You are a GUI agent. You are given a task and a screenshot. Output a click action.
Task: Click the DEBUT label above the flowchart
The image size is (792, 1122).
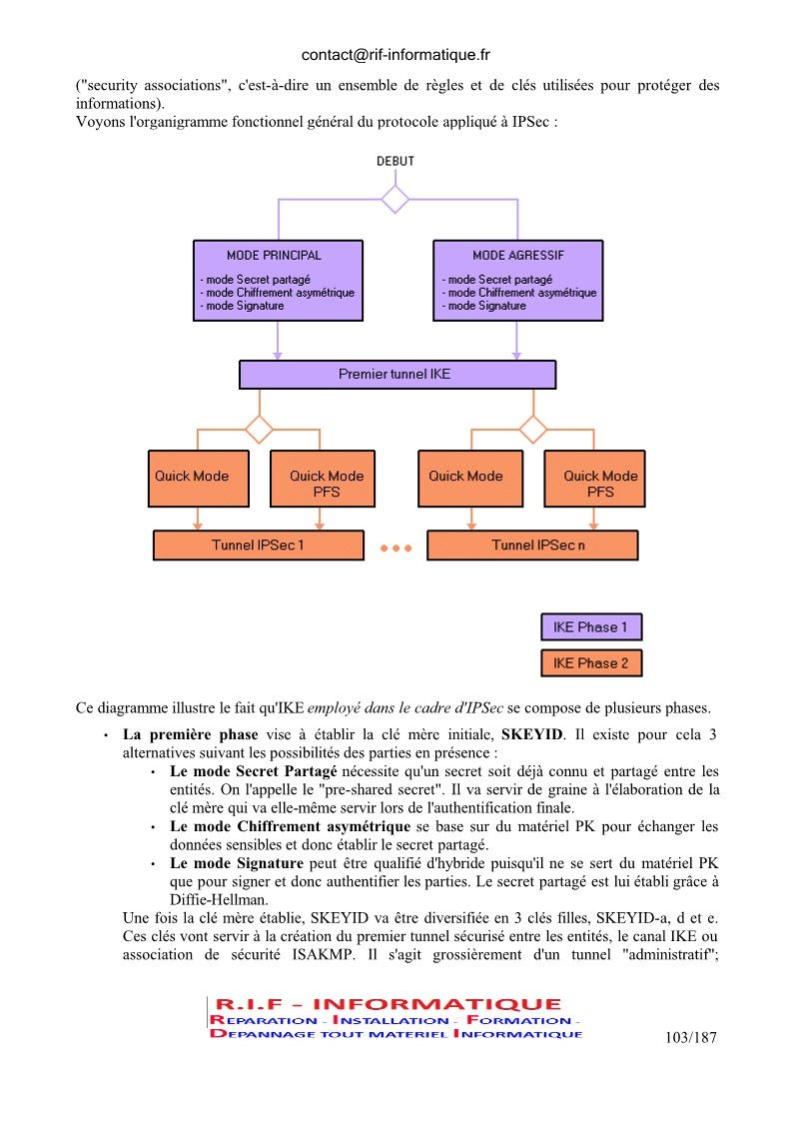(x=395, y=161)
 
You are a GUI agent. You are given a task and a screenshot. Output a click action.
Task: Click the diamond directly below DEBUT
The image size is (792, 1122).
(x=395, y=199)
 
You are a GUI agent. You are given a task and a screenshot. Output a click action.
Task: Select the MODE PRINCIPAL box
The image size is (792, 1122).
(x=278, y=281)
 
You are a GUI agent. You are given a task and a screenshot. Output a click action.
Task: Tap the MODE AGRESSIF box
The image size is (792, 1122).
(x=518, y=281)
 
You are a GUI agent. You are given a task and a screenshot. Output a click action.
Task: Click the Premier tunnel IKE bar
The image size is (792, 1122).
(x=397, y=375)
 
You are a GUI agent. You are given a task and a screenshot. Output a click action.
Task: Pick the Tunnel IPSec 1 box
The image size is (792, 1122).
(x=259, y=546)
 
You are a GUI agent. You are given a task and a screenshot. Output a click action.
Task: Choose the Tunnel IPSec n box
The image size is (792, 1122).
(x=532, y=546)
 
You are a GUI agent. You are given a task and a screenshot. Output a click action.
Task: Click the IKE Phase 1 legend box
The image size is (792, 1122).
(x=591, y=626)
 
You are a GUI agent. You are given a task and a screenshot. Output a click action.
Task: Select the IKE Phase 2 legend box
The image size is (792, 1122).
(x=591, y=662)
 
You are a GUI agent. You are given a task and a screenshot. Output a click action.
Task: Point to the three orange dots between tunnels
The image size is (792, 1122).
(x=396, y=549)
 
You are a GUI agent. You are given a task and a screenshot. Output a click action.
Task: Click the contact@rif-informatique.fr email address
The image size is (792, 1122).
(x=396, y=55)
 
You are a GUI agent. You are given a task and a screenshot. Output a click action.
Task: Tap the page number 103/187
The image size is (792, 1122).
(x=690, y=1037)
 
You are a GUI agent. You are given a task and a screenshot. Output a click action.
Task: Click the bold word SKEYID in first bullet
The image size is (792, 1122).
(x=532, y=735)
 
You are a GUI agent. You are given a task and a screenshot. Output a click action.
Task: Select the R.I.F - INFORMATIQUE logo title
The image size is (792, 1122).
(x=388, y=1004)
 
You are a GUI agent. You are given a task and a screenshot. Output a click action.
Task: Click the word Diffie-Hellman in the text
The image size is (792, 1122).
(x=218, y=899)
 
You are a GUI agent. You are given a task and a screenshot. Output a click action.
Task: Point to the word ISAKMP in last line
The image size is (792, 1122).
(x=322, y=954)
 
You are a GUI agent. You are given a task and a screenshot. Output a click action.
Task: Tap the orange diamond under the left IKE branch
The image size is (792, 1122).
(x=259, y=430)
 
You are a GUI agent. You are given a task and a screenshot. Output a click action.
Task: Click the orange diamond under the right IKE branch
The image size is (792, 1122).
(x=533, y=430)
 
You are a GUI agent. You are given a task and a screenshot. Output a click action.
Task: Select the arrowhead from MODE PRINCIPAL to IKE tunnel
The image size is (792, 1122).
(x=278, y=356)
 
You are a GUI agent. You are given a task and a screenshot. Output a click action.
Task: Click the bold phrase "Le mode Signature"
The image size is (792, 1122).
(x=237, y=863)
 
